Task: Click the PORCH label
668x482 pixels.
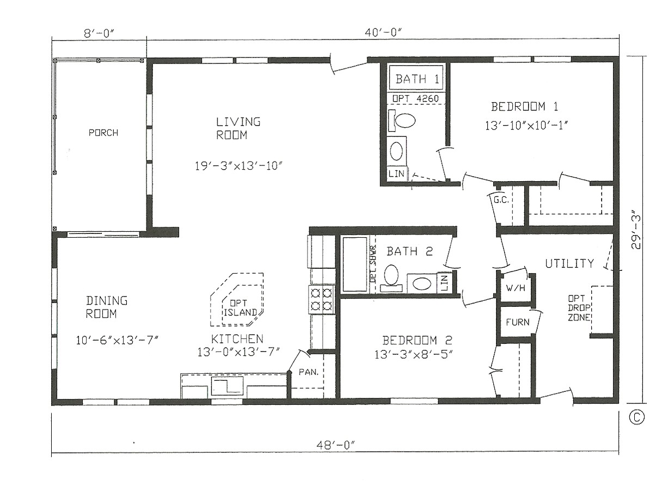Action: pyautogui.click(x=103, y=133)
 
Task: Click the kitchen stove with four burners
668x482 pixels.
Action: pyautogui.click(x=321, y=299)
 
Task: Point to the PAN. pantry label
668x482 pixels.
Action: pyautogui.click(x=308, y=373)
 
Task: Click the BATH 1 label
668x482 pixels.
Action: pyautogui.click(x=417, y=79)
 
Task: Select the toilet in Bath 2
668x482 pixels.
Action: pyautogui.click(x=391, y=275)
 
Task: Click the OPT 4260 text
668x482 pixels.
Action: pyautogui.click(x=416, y=98)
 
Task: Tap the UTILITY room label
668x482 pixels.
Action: pyautogui.click(x=569, y=264)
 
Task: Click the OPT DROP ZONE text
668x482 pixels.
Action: pyautogui.click(x=579, y=308)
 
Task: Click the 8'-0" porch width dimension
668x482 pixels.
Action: pyautogui.click(x=99, y=33)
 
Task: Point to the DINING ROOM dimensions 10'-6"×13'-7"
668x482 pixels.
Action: pyautogui.click(x=117, y=341)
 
